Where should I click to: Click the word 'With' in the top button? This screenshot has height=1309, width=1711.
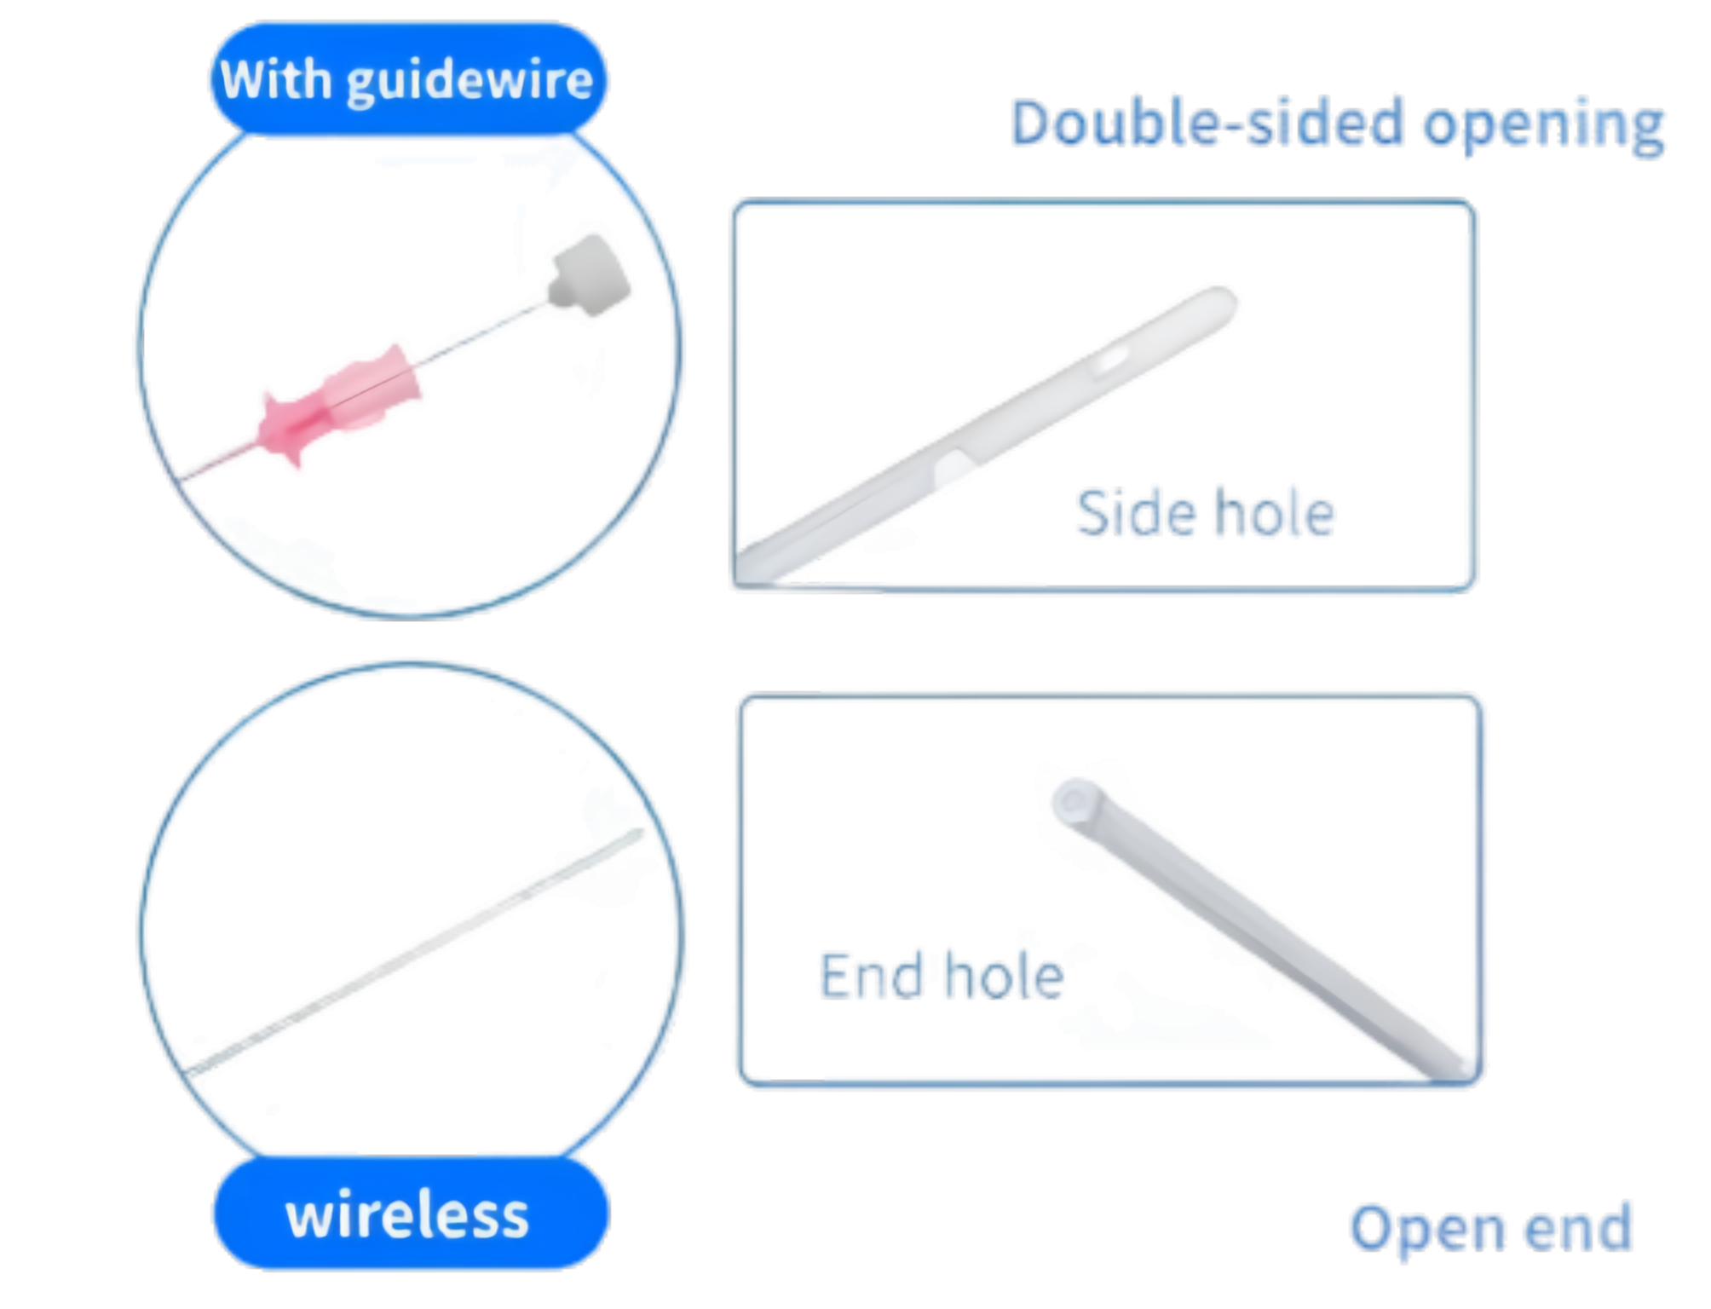pos(274,81)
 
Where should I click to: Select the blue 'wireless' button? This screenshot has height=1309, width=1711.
pos(409,1214)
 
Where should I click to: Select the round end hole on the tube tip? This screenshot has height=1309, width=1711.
pos(1071,801)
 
